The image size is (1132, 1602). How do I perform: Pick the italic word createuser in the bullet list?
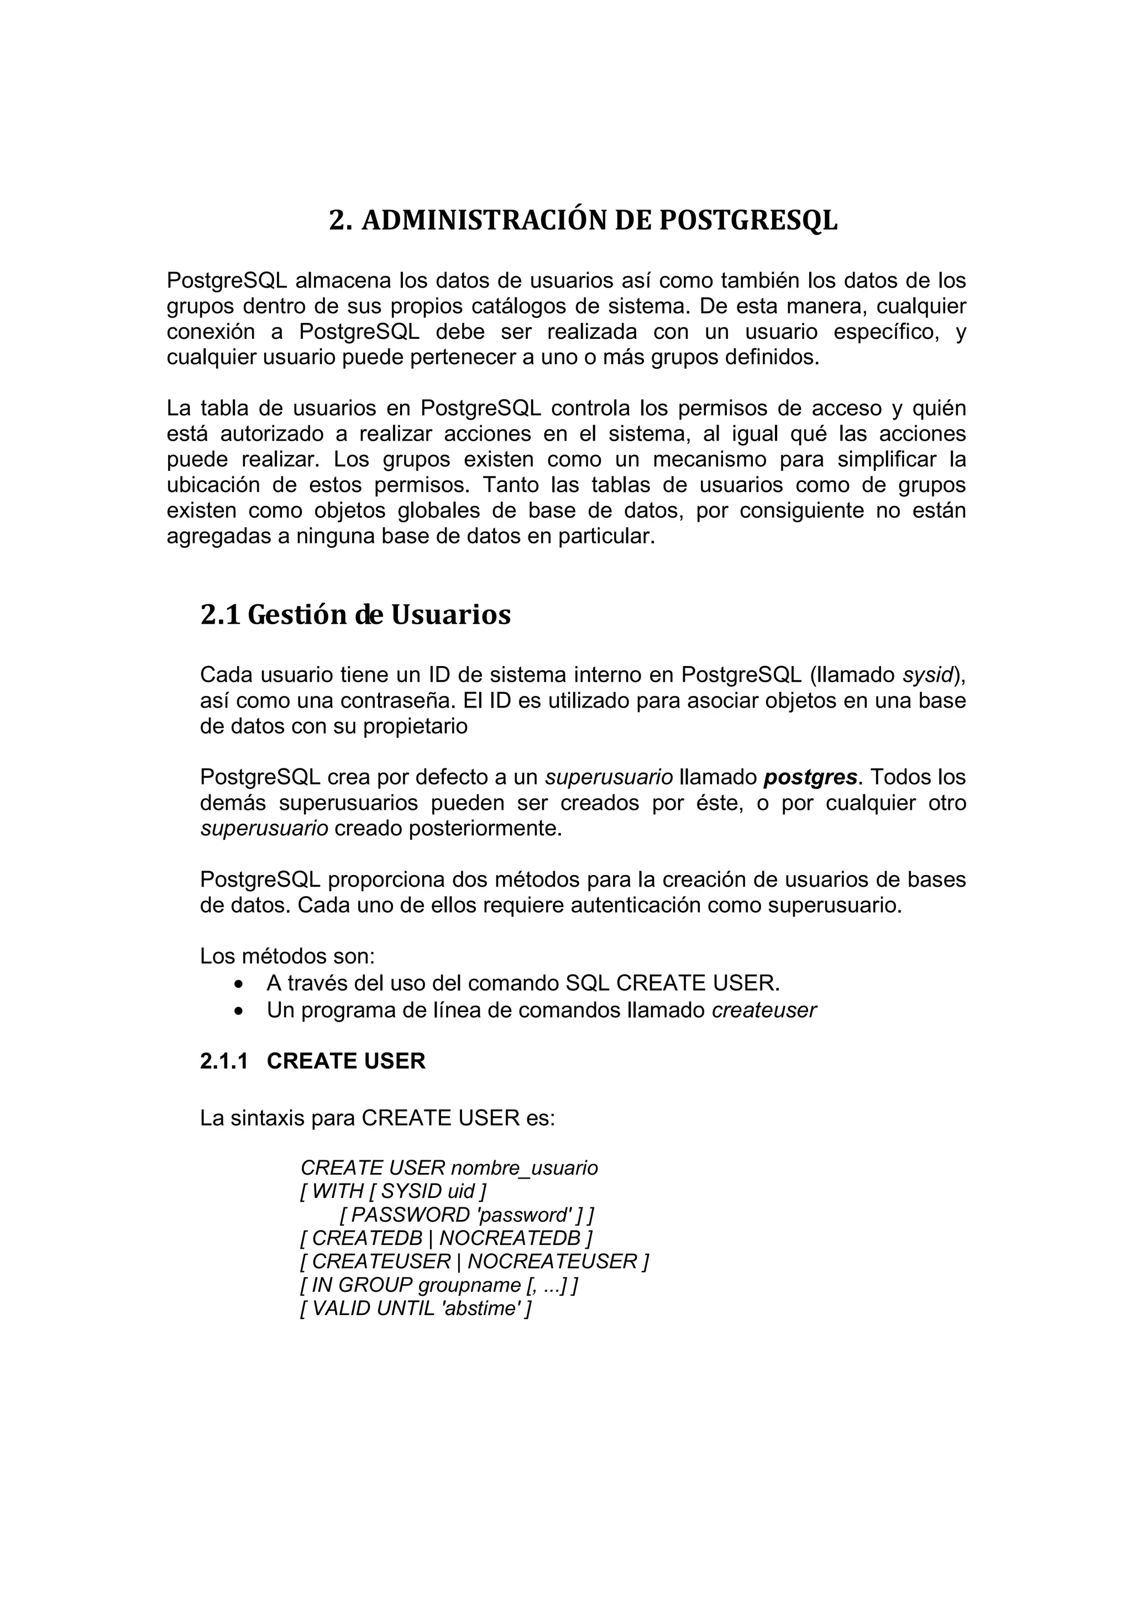(x=764, y=1011)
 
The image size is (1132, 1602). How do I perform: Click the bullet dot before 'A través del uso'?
(x=240, y=985)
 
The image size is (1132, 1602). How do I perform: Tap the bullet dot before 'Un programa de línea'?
(x=240, y=1012)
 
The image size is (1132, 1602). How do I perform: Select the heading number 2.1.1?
(x=224, y=1061)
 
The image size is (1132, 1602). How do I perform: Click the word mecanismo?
(x=706, y=460)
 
